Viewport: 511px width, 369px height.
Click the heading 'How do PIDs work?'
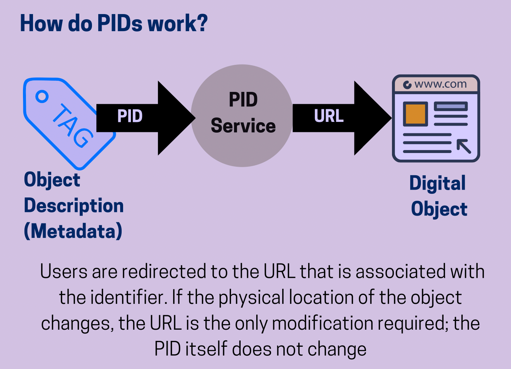pyautogui.click(x=113, y=23)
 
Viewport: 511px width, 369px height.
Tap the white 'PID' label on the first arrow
pyautogui.click(x=130, y=116)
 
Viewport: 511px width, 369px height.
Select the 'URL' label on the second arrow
pyautogui.click(x=329, y=116)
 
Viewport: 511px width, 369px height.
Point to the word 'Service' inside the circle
pyautogui.click(x=243, y=126)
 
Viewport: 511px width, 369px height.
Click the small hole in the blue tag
pyautogui.click(x=42, y=96)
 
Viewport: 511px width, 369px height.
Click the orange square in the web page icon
pyautogui.click(x=415, y=114)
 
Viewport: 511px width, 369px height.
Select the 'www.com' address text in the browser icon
pyautogui.click(x=441, y=84)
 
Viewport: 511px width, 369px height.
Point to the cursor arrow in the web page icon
pyautogui.click(x=464, y=146)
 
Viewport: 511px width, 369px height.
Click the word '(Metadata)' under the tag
pyautogui.click(x=73, y=232)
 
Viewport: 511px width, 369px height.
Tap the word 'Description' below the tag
pyautogui.click(x=74, y=206)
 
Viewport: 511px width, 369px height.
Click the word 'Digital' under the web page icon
pyautogui.click(x=438, y=183)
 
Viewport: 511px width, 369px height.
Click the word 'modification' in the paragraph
pyautogui.click(x=322, y=323)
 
